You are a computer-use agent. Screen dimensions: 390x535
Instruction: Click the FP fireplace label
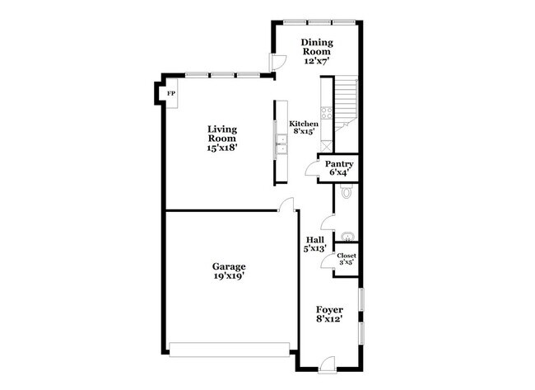pos(170,94)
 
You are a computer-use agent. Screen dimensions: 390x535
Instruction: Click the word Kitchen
pos(304,124)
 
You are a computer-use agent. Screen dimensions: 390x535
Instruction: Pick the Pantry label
pos(339,164)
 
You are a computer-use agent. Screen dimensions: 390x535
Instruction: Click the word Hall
pos(314,239)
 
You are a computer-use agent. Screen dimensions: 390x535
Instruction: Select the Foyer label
pos(330,310)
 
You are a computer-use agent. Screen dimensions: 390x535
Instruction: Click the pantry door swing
pos(311,169)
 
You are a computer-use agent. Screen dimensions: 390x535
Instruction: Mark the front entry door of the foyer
pos(328,360)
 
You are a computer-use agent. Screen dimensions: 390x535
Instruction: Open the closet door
pos(328,261)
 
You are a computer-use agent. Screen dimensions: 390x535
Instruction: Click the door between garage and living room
pos(286,205)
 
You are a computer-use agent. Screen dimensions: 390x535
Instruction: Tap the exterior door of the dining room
pos(280,61)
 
